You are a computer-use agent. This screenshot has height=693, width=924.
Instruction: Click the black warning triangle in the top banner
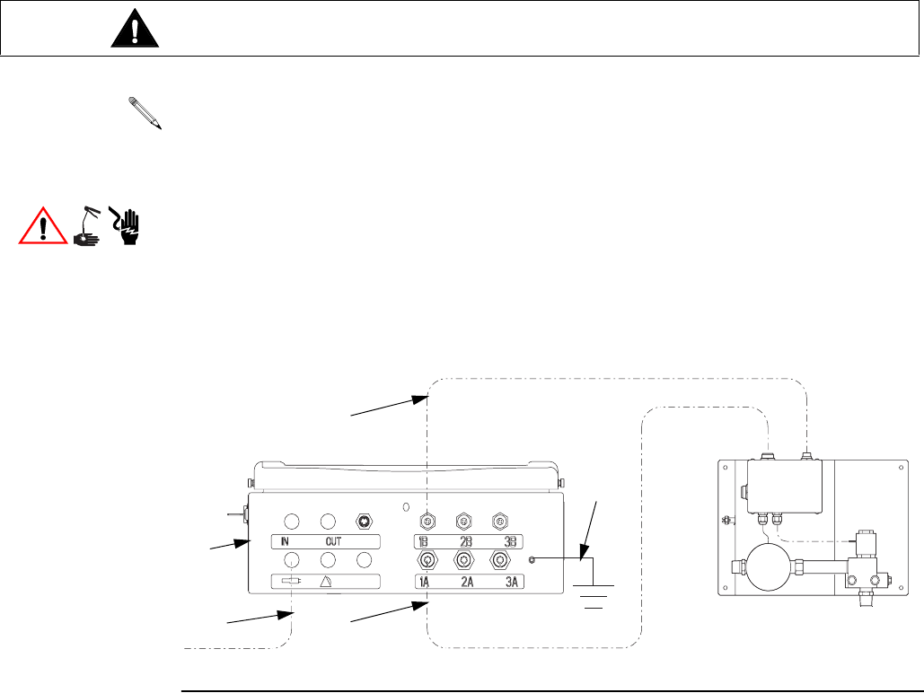[x=136, y=31]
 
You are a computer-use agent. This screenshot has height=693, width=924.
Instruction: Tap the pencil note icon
[x=145, y=115]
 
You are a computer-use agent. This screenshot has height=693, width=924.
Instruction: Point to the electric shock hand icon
[x=128, y=225]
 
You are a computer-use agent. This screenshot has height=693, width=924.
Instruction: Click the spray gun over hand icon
[x=87, y=225]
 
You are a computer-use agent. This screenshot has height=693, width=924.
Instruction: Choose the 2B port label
[x=466, y=541]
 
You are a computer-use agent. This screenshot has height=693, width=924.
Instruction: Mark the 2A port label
[x=467, y=582]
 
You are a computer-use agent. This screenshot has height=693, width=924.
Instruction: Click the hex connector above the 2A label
[x=463, y=559]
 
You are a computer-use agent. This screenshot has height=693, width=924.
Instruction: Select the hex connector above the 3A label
[x=500, y=559]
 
